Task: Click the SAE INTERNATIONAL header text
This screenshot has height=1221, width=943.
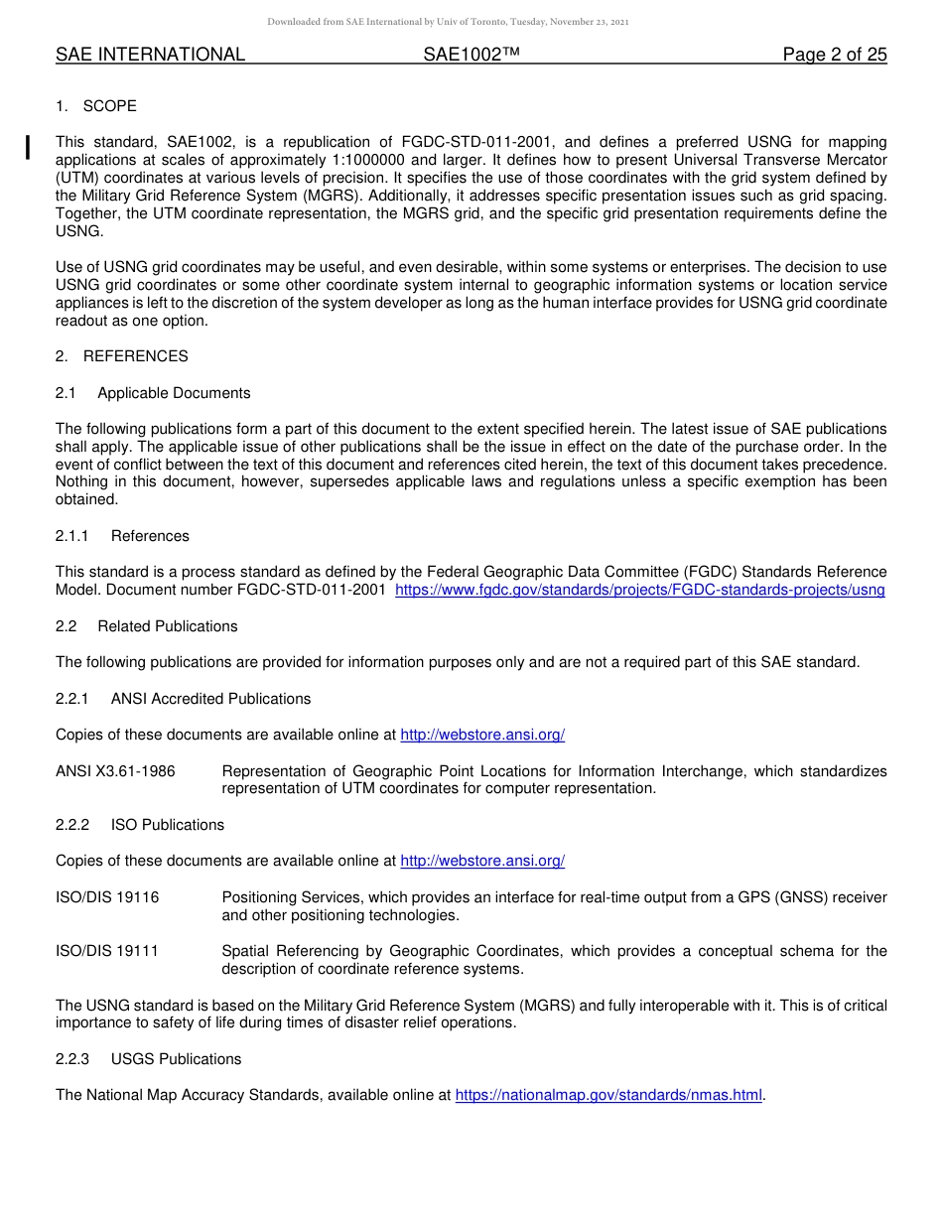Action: [x=150, y=56]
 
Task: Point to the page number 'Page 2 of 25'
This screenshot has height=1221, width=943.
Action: [x=834, y=56]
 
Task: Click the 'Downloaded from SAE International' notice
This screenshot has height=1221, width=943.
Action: [x=448, y=22]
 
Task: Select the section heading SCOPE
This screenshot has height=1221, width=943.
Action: [x=109, y=106]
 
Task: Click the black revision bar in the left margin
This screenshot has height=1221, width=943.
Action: [x=29, y=148]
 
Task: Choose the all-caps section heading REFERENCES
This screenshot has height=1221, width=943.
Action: [x=135, y=356]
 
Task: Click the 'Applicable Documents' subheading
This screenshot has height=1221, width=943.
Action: [x=174, y=393]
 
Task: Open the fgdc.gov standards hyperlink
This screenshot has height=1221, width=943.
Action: [x=639, y=591]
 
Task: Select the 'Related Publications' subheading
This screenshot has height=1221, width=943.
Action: [x=167, y=626]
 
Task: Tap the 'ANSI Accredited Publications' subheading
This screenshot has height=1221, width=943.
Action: [x=210, y=699]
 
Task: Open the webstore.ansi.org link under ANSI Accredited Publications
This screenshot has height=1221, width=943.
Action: [x=482, y=736]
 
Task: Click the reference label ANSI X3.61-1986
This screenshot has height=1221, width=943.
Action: [x=115, y=771]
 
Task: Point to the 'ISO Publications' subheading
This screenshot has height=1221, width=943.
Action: [x=167, y=825]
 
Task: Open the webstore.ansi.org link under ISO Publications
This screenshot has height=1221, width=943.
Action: [x=482, y=862]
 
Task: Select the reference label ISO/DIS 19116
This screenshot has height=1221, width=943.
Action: [x=107, y=897]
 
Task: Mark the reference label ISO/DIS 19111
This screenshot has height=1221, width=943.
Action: [x=107, y=951]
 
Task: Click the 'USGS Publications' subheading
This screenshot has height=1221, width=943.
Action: [x=176, y=1059]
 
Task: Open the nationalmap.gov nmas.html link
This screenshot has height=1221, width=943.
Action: [x=608, y=1096]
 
